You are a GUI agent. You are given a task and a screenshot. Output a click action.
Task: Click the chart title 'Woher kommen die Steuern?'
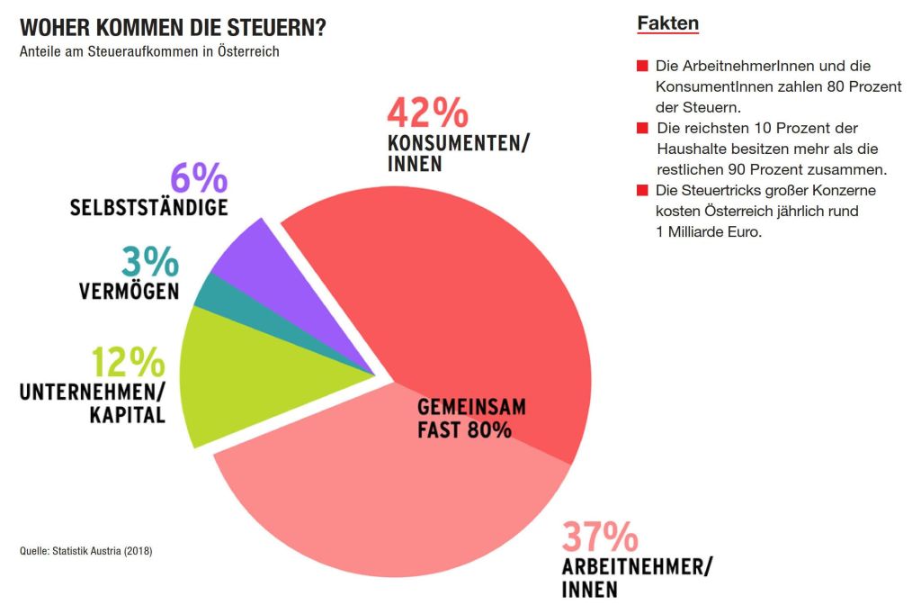(x=173, y=27)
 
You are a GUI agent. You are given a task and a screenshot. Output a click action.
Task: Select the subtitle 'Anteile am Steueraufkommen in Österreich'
(x=149, y=51)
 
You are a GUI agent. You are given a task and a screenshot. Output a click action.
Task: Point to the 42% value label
(x=427, y=114)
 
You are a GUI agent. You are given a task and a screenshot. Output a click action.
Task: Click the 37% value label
(x=600, y=538)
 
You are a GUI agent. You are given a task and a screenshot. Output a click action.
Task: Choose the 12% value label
(x=128, y=363)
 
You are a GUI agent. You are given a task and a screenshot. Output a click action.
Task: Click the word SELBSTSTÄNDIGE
(x=148, y=208)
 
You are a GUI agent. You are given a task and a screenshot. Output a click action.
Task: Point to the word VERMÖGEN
(x=128, y=292)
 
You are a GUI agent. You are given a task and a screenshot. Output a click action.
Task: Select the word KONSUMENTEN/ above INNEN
(x=459, y=143)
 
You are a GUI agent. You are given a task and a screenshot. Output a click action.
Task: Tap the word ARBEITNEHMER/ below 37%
(x=637, y=567)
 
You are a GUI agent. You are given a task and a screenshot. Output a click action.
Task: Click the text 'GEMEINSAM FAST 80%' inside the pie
(x=470, y=419)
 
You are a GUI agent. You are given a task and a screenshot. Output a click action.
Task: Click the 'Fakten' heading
(x=667, y=23)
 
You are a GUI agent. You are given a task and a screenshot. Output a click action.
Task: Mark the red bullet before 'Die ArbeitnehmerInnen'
(x=642, y=67)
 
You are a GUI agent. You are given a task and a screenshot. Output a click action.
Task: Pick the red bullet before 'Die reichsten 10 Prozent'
(x=642, y=129)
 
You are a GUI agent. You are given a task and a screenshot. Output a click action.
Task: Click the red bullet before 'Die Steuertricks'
(x=642, y=191)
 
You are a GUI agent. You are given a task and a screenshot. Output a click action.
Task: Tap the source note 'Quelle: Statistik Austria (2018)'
(x=86, y=550)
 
